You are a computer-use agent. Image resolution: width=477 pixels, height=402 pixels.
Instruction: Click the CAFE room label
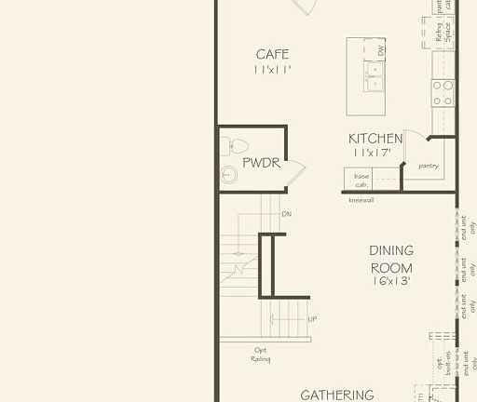pyautogui.click(x=272, y=55)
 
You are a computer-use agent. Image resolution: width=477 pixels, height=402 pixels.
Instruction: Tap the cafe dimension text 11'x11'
pyautogui.click(x=272, y=70)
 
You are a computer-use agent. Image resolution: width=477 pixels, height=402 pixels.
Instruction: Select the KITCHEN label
pyautogui.click(x=375, y=138)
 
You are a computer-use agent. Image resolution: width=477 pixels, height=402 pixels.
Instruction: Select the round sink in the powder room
pyautogui.click(x=229, y=174)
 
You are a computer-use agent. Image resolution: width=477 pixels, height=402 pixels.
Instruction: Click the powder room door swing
pyautogui.click(x=295, y=172)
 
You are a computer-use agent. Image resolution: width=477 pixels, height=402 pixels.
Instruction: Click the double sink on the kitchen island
pyautogui.click(x=375, y=76)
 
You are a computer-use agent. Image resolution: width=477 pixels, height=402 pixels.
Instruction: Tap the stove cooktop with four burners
pyautogui.click(x=442, y=91)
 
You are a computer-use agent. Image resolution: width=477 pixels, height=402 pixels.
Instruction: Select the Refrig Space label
pyautogui.click(x=442, y=33)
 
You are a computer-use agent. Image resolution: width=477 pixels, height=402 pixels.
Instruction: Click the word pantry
pyautogui.click(x=428, y=166)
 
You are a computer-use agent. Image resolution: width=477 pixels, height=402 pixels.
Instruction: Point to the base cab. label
pyautogui.click(x=361, y=180)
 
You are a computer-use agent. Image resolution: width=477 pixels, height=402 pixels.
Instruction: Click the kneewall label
pyautogui.click(x=361, y=200)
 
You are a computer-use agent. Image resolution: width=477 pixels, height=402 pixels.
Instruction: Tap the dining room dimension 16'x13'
pyautogui.click(x=391, y=280)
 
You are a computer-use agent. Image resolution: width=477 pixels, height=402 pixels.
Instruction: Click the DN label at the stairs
pyautogui.click(x=287, y=214)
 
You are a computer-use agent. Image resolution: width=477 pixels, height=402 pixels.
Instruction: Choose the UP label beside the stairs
pyautogui.click(x=312, y=320)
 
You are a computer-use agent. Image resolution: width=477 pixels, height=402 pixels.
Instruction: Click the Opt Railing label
pyautogui.click(x=261, y=355)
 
